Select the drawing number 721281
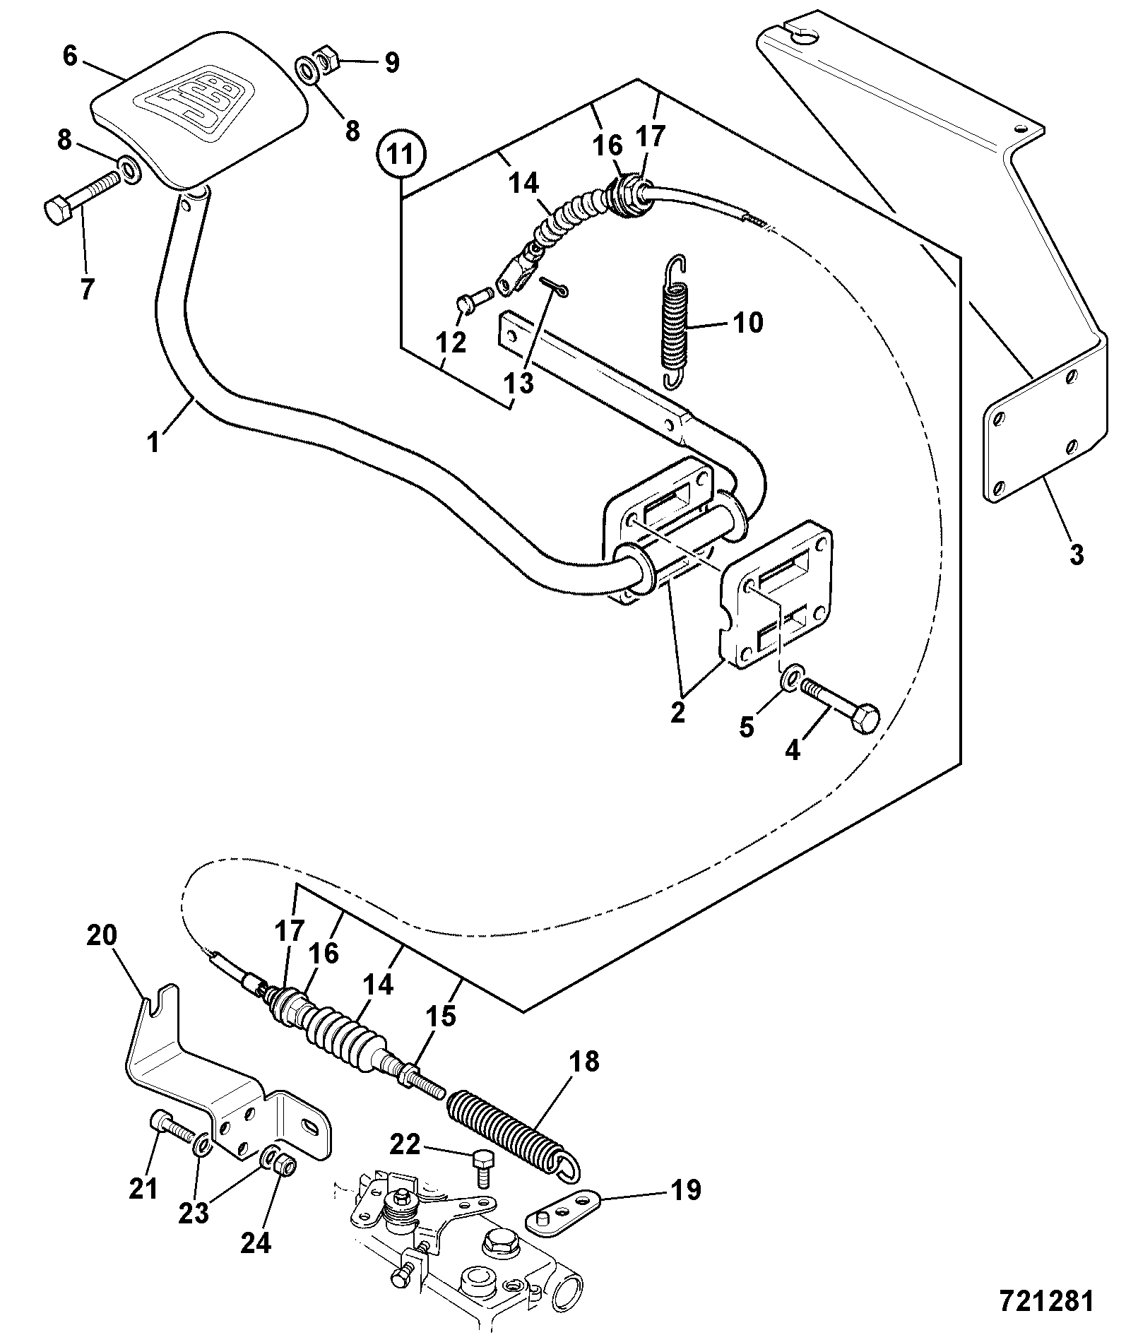point(1046,1300)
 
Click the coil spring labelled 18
point(514,1139)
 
